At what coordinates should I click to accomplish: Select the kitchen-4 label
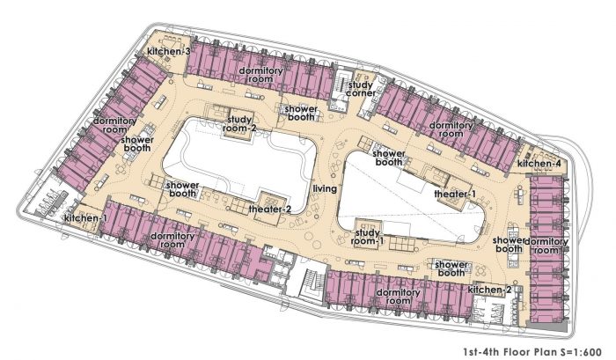click(x=539, y=164)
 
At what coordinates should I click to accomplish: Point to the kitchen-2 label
click(x=489, y=290)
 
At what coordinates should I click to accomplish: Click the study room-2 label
click(x=239, y=123)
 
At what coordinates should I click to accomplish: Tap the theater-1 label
click(x=455, y=194)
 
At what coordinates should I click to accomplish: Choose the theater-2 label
click(x=270, y=209)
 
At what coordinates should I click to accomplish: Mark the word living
click(x=325, y=188)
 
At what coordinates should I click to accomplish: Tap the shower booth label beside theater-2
click(x=183, y=189)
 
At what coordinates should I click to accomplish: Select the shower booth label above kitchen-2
click(x=451, y=268)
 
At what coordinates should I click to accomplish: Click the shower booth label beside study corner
click(x=301, y=113)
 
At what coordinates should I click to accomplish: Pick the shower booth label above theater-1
click(x=389, y=158)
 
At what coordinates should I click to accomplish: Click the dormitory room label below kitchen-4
click(x=546, y=246)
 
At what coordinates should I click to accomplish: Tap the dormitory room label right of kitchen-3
click(x=260, y=75)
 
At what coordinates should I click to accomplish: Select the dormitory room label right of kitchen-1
click(x=172, y=240)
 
